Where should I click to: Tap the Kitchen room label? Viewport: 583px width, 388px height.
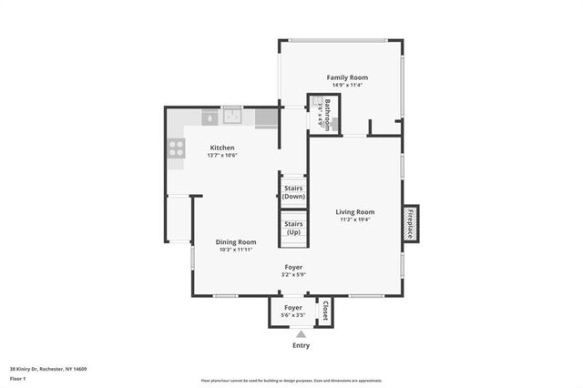coord(222,148)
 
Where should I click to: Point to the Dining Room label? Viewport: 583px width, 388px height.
coord(235,241)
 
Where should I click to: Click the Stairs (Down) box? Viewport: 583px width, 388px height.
coord(293,192)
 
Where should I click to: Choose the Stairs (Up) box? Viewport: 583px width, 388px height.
coord(293,228)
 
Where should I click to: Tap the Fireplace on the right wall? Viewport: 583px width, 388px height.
coord(410,223)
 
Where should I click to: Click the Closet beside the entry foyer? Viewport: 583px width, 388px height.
coord(323,311)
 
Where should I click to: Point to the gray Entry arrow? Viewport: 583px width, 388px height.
coord(301,334)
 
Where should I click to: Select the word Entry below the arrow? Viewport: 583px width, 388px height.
coord(301,345)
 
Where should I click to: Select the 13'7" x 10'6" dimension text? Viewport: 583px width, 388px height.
coord(222,155)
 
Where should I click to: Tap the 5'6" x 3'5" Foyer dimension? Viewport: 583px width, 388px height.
coord(293,315)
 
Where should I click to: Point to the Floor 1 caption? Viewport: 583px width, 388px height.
coord(18,378)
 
